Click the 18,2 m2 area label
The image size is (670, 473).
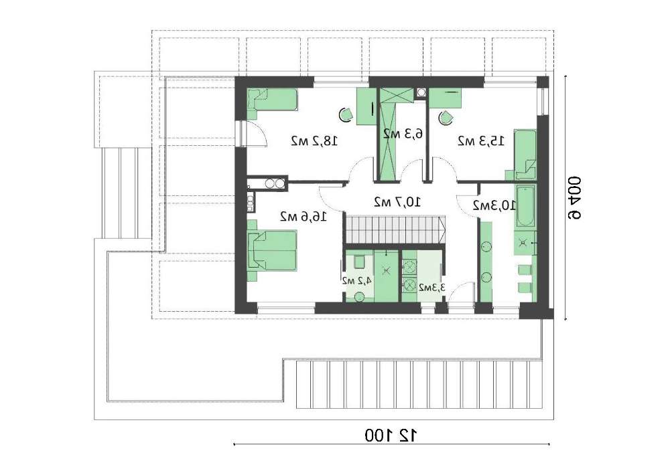[314, 140]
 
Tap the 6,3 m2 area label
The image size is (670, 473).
[403, 134]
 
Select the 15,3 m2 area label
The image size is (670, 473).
[481, 140]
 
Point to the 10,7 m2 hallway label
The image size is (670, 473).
[397, 201]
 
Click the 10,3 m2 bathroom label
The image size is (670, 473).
[494, 205]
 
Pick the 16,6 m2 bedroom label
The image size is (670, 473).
[304, 216]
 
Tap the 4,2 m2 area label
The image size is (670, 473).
[357, 280]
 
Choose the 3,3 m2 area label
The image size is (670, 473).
[432, 288]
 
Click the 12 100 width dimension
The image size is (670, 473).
[392, 435]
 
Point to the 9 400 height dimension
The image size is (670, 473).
[574, 198]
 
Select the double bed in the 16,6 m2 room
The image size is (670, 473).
[272, 250]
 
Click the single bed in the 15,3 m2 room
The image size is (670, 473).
[525, 154]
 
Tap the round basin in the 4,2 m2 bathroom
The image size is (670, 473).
[360, 296]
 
